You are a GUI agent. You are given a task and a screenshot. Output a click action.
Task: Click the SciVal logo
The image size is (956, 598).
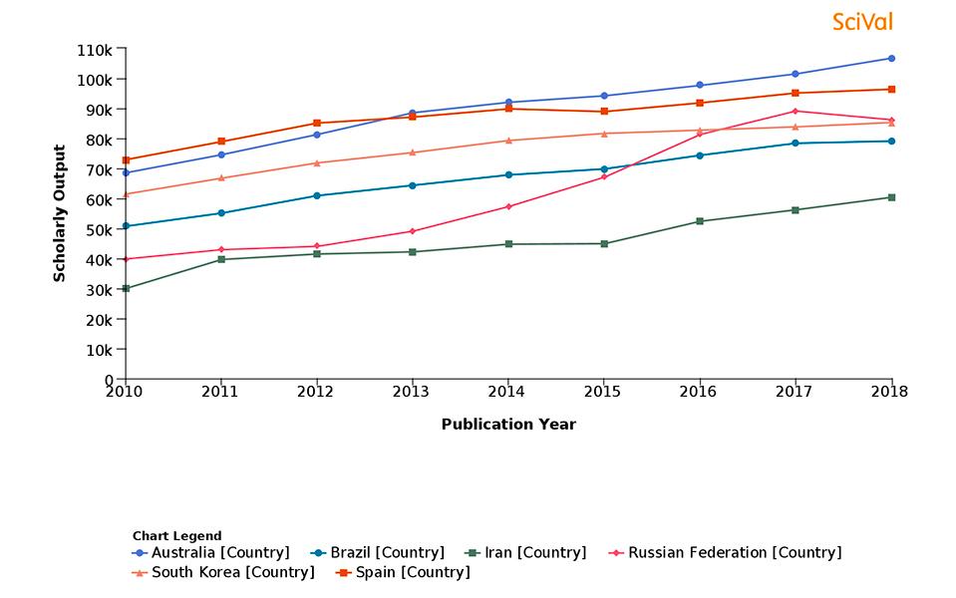[862, 21]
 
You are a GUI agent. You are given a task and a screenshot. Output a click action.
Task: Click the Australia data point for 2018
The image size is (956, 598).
[890, 58]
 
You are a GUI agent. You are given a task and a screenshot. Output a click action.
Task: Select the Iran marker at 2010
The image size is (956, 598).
[125, 288]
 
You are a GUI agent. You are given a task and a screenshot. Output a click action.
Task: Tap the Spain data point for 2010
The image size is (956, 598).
[125, 159]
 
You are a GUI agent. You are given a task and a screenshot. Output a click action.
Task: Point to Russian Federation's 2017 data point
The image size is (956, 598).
[795, 111]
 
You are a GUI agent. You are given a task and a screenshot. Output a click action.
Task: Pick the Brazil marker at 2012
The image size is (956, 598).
[316, 195]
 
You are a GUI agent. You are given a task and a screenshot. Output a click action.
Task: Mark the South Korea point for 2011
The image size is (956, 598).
[220, 177]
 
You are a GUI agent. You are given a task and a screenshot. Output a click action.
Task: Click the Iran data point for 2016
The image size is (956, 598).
[699, 221]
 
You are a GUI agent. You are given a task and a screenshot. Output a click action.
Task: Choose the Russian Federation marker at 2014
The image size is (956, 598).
[507, 206]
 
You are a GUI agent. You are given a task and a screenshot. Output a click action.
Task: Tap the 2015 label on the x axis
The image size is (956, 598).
[603, 392]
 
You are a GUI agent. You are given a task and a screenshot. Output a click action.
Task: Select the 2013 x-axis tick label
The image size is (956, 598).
[412, 392]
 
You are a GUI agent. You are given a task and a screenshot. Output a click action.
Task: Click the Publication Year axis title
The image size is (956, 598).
[508, 424]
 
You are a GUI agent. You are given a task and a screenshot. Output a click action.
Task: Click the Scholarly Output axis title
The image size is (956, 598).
[60, 213]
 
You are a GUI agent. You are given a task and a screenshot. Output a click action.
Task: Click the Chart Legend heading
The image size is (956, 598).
[176, 535]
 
